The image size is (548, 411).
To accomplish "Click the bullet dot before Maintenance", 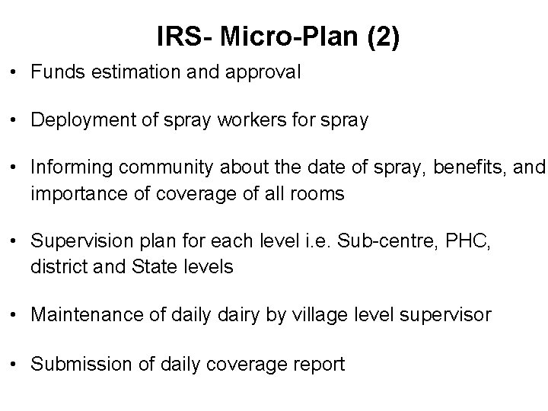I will [18, 315].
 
